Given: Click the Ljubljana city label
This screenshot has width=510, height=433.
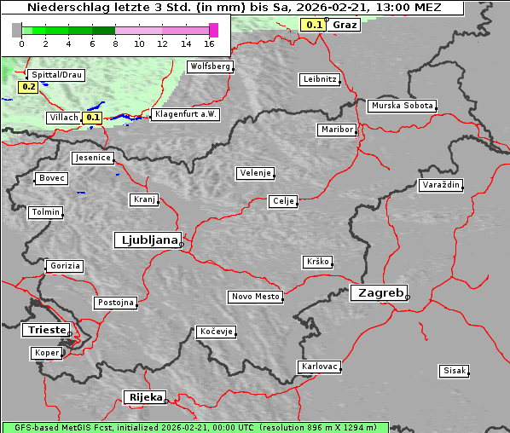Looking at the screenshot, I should point(147,240).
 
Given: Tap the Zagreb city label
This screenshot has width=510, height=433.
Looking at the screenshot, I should point(378,292).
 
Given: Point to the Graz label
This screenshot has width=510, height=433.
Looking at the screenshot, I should point(345,25).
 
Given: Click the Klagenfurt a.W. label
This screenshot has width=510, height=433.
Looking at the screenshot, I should point(185,114).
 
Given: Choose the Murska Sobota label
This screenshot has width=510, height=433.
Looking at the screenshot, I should point(402,107).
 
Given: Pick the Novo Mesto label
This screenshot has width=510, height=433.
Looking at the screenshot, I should point(255,297).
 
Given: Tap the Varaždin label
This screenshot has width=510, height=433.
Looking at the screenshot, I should point(441,185).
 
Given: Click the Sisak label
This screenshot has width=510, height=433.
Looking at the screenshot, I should point(454,371).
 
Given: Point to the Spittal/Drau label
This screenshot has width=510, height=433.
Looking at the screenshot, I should point(57,75).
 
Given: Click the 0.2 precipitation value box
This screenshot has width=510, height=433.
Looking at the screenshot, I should point(28,87).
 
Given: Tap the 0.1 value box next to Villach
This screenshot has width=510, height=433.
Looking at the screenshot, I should point(93,118).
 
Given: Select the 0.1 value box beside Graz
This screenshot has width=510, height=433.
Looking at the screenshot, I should point(314,25).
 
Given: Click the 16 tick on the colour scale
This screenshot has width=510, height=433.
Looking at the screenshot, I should point(209,43).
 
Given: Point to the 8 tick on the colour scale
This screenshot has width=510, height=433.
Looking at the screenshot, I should point(115,43).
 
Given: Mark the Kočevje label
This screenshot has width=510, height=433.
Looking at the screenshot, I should point(217,332).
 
